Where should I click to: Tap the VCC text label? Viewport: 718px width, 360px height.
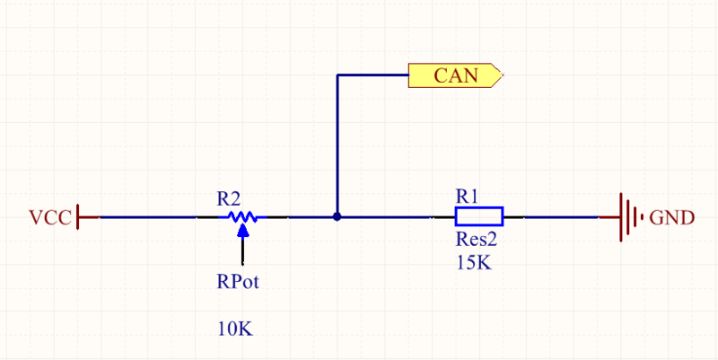point(49,218)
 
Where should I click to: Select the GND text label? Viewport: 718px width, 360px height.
point(670,217)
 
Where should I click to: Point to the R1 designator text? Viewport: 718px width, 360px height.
point(467,195)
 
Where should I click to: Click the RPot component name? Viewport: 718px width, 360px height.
point(238,281)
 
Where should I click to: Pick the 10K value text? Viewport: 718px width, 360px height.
point(235,329)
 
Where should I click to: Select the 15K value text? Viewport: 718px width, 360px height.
point(474,263)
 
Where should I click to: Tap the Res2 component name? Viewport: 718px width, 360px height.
point(477,241)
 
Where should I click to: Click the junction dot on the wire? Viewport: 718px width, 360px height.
point(337,216)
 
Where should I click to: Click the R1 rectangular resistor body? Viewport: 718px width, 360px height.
point(478,216)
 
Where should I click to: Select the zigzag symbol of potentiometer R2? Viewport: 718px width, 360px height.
point(242,216)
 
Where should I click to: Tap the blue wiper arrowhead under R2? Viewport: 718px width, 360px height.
point(242,231)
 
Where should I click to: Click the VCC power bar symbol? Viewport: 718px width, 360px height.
point(80,216)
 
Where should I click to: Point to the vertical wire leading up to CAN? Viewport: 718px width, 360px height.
point(337,144)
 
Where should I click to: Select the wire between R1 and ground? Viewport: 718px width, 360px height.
point(561,216)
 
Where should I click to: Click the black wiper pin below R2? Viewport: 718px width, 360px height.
point(242,251)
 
